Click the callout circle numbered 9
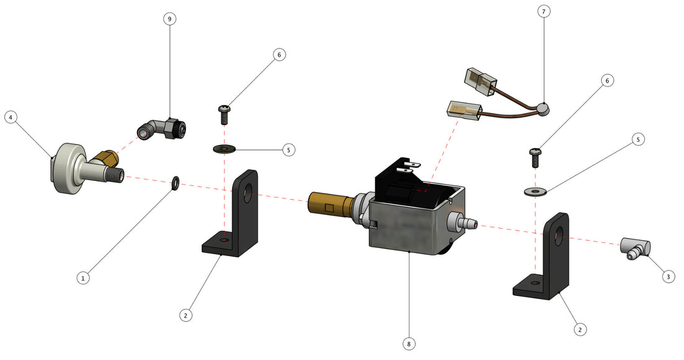pos(169,19)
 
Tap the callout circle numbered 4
pos(10,117)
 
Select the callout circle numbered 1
pos(83,278)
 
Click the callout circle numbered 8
pos(409,343)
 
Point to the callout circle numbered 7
pos(543,12)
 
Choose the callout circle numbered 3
pos(667,277)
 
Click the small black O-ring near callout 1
pos(175,183)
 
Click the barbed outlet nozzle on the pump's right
pos(466,221)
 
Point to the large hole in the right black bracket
pos(559,237)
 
